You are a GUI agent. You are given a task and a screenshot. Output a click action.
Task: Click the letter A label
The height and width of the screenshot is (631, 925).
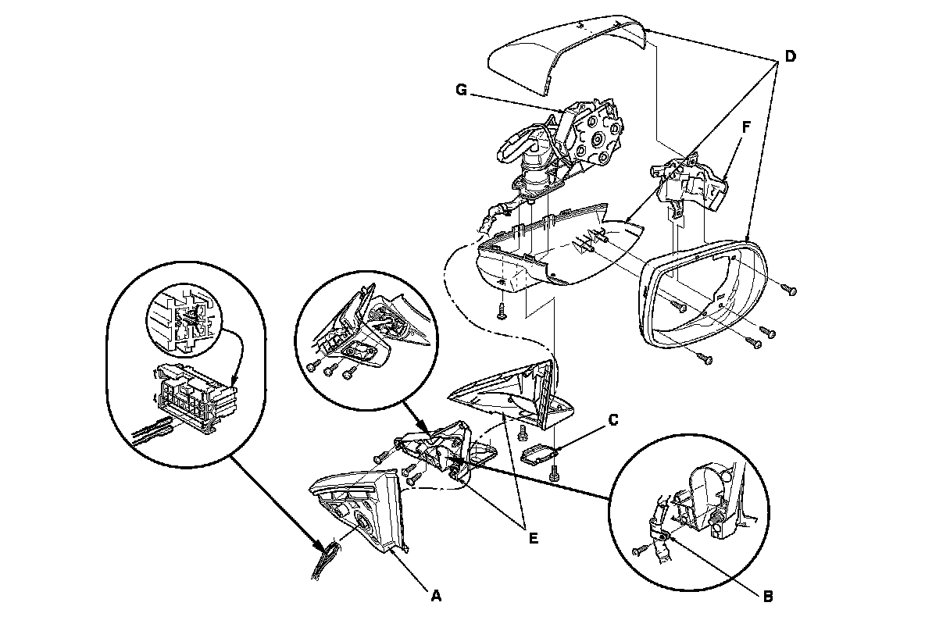[436, 595]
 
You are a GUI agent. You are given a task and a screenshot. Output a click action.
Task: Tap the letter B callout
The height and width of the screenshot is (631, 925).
[767, 596]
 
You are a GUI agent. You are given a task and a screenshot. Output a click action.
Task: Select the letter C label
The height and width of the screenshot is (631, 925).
[613, 420]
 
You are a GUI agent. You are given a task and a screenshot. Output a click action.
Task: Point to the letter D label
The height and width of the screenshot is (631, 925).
[791, 56]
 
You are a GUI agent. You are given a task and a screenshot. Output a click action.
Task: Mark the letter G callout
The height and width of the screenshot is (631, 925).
[462, 91]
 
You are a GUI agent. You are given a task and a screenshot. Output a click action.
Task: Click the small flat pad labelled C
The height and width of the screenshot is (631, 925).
[538, 455]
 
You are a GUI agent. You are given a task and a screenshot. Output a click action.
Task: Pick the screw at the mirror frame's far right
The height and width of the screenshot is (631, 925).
[791, 291]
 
